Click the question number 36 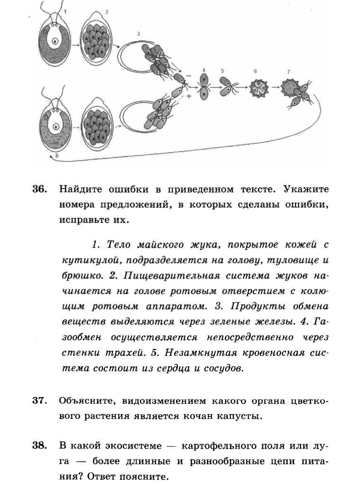[40, 190]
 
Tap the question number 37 [40, 401]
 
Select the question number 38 [40, 446]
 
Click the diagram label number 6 [255, 71]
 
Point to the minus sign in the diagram [189, 76]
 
